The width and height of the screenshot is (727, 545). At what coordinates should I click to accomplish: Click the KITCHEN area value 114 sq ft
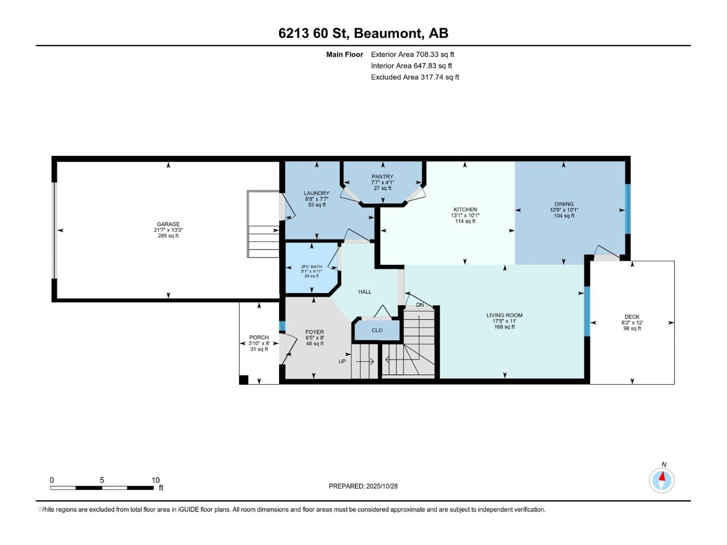(465, 221)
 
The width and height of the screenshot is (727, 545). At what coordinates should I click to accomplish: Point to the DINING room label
(564, 204)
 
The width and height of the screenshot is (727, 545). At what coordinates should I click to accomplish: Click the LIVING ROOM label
(504, 315)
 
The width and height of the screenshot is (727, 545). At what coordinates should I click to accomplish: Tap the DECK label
(632, 317)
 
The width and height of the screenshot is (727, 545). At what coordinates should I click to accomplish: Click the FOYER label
(314, 332)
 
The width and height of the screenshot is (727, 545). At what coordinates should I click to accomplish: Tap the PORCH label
(259, 337)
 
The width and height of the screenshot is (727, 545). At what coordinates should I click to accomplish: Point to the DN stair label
(420, 305)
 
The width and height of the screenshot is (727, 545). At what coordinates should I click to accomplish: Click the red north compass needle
(663, 476)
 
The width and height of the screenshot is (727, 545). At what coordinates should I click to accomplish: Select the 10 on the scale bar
(155, 480)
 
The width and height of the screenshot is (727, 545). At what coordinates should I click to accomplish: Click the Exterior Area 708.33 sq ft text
(413, 54)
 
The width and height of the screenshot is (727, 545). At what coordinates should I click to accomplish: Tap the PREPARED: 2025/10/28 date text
(363, 486)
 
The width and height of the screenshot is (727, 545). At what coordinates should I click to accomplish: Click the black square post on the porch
(243, 380)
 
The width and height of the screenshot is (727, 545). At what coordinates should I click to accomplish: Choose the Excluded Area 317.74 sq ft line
(415, 77)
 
